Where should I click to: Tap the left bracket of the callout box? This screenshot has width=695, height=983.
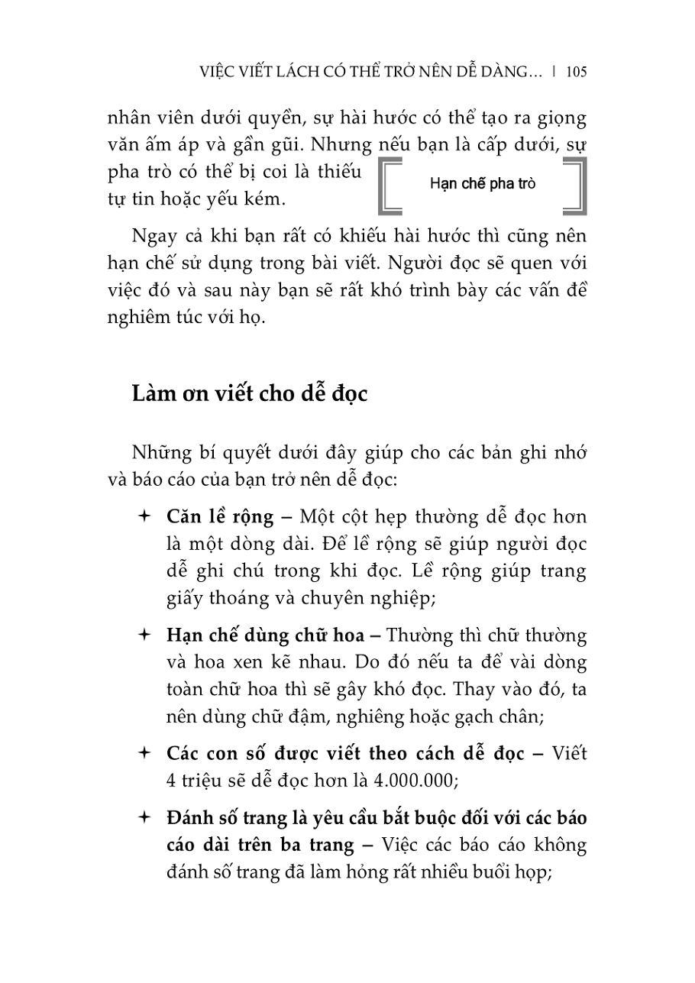[x=389, y=186]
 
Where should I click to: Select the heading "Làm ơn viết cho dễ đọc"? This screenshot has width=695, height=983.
[x=250, y=394]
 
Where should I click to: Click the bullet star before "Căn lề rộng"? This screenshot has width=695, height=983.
[x=143, y=517]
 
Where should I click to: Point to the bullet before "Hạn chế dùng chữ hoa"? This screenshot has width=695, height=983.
[x=143, y=635]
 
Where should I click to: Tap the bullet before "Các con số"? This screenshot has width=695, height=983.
[x=143, y=754]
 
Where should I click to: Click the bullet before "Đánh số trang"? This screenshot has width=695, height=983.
[x=143, y=818]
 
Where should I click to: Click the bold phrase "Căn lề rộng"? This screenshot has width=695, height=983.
[x=219, y=517]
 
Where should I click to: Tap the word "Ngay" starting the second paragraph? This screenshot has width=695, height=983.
[x=153, y=235]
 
